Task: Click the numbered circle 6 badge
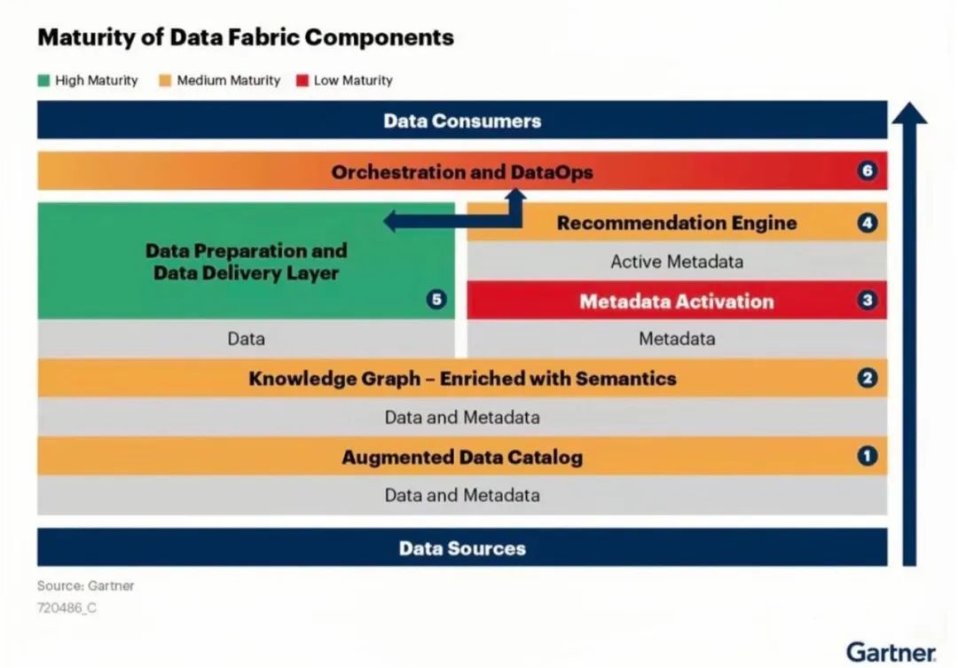point(868,171)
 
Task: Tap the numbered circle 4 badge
point(868,223)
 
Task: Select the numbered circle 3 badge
point(868,301)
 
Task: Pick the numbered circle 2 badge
point(868,379)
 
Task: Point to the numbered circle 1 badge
point(868,457)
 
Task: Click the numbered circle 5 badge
point(436,300)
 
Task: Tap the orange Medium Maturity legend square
point(164,81)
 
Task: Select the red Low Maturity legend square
point(302,81)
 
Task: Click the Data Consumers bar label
point(462,121)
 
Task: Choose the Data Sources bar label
point(462,548)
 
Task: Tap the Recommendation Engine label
point(677,223)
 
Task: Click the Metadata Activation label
point(677,302)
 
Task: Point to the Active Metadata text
point(677,262)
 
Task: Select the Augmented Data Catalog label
point(462,458)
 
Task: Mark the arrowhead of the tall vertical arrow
point(908,114)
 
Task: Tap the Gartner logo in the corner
point(891,652)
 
